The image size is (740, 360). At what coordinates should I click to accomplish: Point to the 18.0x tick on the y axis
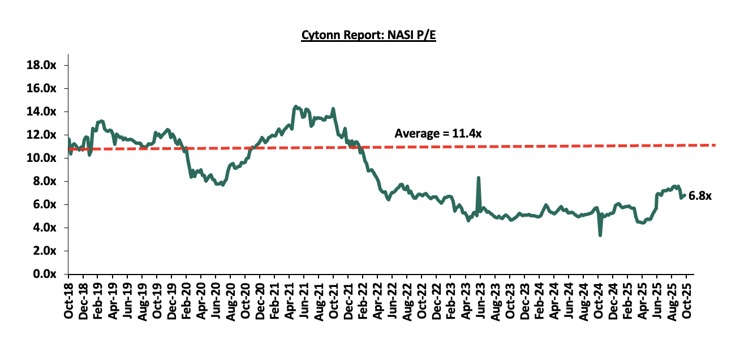pyautogui.click(x=42, y=66)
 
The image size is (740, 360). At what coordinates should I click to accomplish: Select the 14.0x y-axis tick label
pyautogui.click(x=42, y=112)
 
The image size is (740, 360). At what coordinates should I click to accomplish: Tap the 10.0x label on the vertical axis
pyautogui.click(x=42, y=158)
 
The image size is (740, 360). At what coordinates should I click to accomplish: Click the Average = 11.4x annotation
pyautogui.click(x=437, y=134)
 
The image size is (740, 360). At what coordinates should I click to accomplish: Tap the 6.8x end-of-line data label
pyautogui.click(x=700, y=196)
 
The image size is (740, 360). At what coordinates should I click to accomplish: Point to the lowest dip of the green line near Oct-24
pyautogui.click(x=600, y=235)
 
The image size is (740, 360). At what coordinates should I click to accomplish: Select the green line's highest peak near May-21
pyautogui.click(x=295, y=106)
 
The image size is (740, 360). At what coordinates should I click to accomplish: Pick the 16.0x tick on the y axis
pyautogui.click(x=42, y=89)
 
